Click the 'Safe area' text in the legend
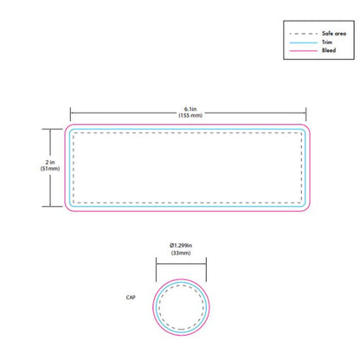tap(334, 34)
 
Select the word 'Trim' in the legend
tap(327, 42)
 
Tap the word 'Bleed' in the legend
tap(329, 50)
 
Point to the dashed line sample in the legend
tap(304, 34)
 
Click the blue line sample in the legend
tap(304, 42)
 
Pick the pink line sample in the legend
tap(304, 50)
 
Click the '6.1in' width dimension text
tap(190, 109)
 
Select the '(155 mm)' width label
tap(190, 115)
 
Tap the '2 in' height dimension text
tap(50, 162)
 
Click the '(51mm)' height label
tap(50, 169)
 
